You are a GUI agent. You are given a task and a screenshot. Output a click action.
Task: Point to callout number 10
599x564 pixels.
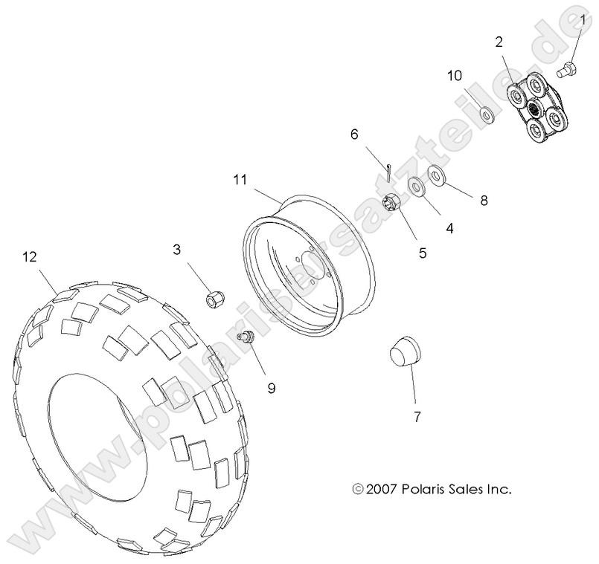tap(455, 76)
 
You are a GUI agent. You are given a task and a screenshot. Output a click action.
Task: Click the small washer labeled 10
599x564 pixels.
tap(488, 113)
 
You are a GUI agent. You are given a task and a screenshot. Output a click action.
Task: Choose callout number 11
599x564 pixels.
tap(239, 179)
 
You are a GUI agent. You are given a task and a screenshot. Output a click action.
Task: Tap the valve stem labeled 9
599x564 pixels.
tap(245, 338)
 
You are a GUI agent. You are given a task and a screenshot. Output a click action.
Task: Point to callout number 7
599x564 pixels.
tap(417, 416)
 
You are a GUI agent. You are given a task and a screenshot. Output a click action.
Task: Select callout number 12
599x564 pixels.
tap(29, 256)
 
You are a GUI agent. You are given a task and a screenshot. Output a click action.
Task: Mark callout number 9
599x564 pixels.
tap(271, 387)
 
